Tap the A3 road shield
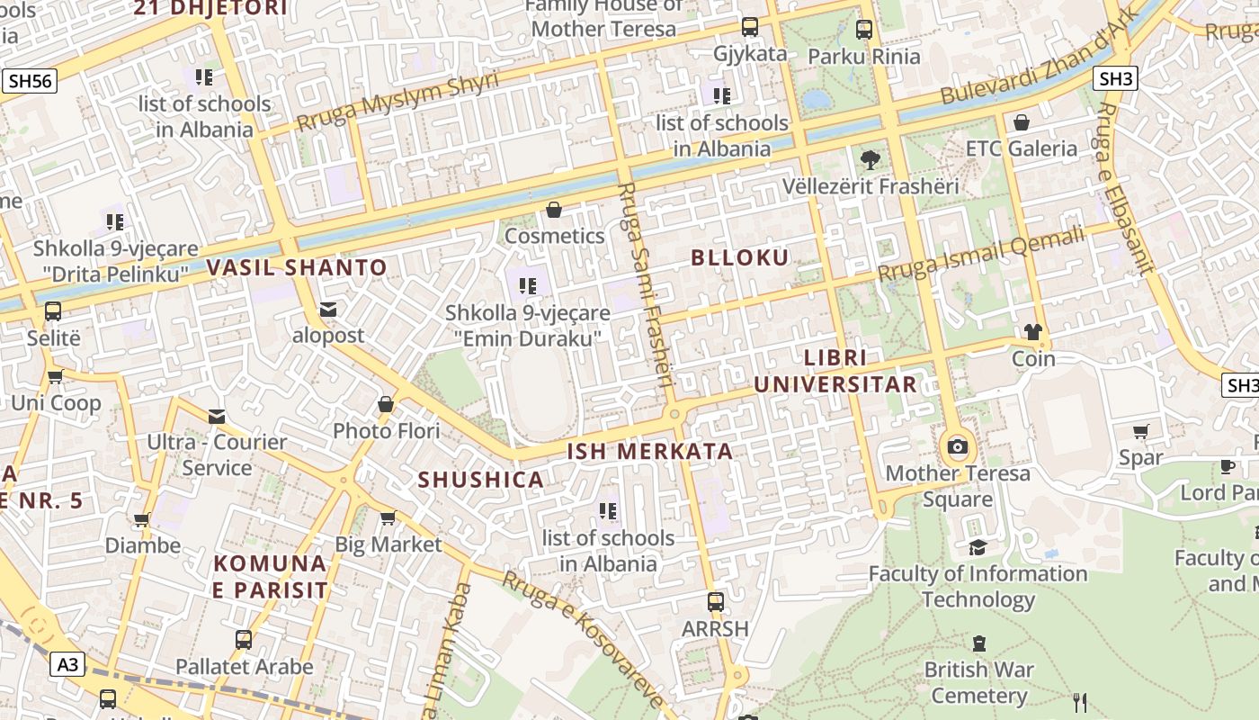point(68,664)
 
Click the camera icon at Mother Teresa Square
point(958,446)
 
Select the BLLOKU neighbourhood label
point(740,257)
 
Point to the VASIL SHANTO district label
point(297,267)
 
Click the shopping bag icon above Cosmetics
point(555,210)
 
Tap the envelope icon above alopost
point(328,310)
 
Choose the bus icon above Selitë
point(53,311)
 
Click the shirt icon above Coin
point(1033,332)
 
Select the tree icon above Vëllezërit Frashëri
point(870,160)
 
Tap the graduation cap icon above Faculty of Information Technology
point(978,547)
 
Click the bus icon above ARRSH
point(716,601)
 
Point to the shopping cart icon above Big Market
point(388,517)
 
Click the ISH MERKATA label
point(650,451)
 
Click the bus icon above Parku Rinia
point(864,30)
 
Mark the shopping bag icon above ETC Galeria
point(1022,122)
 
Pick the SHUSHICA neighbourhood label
point(481,480)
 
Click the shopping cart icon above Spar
point(1141,432)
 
